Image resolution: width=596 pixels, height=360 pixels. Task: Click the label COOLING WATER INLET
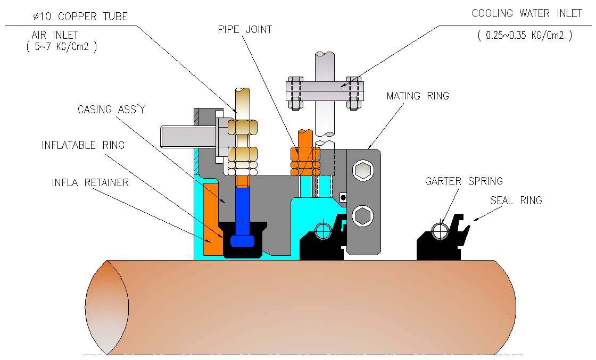click(x=526, y=14)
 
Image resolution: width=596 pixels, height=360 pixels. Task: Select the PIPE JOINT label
click(x=244, y=29)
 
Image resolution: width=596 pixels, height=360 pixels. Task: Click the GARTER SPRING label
click(x=464, y=181)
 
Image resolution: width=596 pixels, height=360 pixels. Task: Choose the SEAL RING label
click(x=516, y=200)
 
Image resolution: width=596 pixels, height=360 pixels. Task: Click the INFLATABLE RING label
click(x=83, y=146)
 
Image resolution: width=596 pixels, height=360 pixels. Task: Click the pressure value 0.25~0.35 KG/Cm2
click(x=525, y=36)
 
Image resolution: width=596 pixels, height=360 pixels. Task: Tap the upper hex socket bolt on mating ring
click(x=363, y=171)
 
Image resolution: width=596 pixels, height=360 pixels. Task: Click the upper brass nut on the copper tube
click(x=243, y=128)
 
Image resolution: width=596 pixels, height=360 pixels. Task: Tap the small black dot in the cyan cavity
click(x=343, y=198)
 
